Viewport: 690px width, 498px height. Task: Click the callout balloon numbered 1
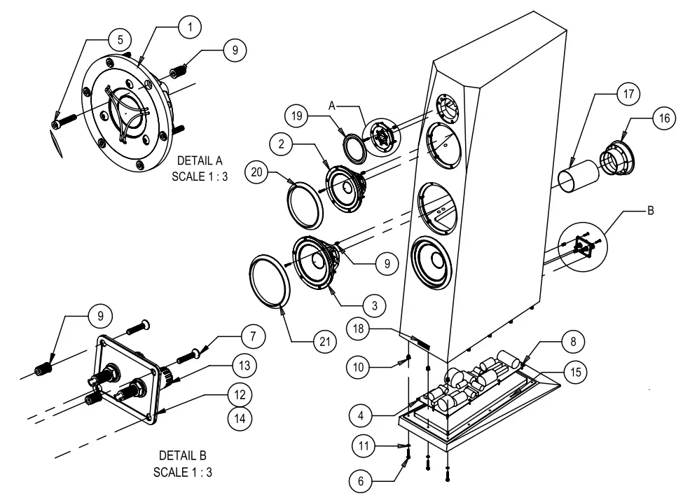[190, 26]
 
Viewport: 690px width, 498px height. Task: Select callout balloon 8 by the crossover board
[572, 343]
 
